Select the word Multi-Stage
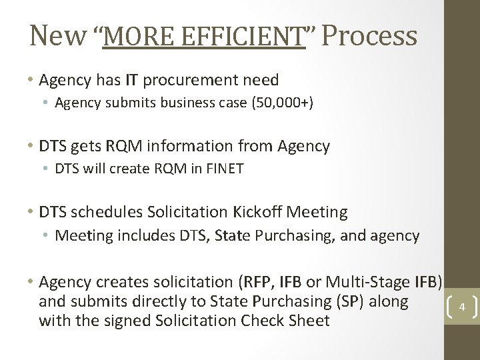360,278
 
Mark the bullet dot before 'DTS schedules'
31,213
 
